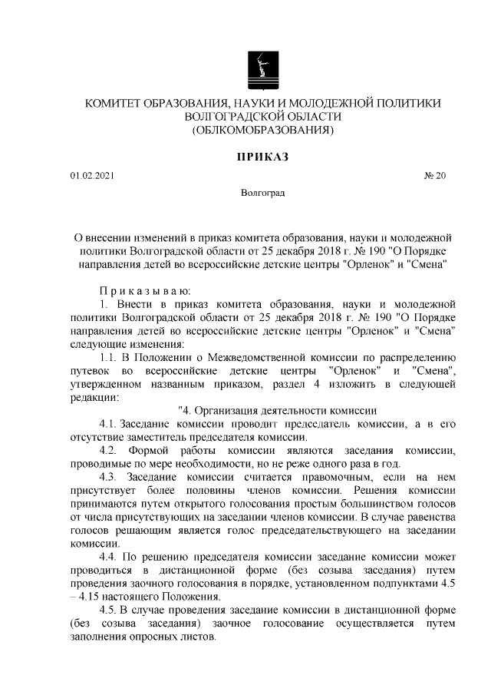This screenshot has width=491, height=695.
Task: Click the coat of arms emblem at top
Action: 262,69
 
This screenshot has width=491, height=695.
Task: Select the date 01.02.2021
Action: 92,177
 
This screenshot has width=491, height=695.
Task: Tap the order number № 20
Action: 434,177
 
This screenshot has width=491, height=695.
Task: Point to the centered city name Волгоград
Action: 262,193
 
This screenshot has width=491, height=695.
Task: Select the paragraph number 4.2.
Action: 109,449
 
